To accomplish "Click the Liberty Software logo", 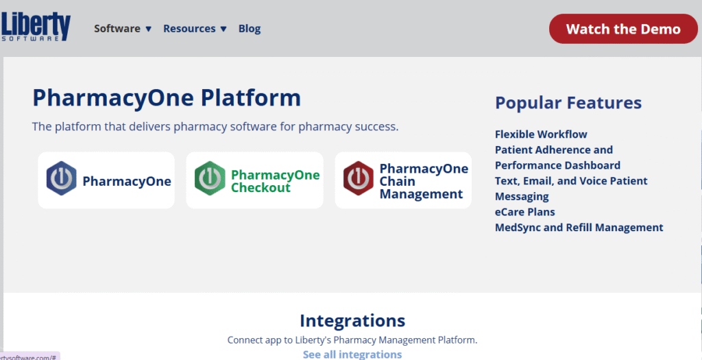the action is pos(36,27).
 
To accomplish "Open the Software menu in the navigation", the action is pos(123,29).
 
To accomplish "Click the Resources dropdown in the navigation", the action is pos(195,29).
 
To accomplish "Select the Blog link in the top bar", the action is pos(250,29).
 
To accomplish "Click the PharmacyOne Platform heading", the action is pos(167,97).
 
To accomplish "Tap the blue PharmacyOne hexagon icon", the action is pos(61,178).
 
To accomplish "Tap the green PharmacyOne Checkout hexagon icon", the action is pos(210,178).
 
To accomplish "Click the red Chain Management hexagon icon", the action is pos(358,178).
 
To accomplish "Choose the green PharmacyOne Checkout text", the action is pos(276,181).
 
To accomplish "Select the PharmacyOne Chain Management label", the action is pos(424,181).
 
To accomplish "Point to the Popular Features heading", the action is pos(568,103).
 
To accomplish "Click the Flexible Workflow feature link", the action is pos(541,134).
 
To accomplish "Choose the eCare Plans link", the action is pos(524,212).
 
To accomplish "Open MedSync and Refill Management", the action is pos(579,228).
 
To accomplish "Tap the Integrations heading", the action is pos(352,321).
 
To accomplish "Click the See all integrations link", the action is pos(352,355).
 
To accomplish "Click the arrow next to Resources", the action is pos(223,29).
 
